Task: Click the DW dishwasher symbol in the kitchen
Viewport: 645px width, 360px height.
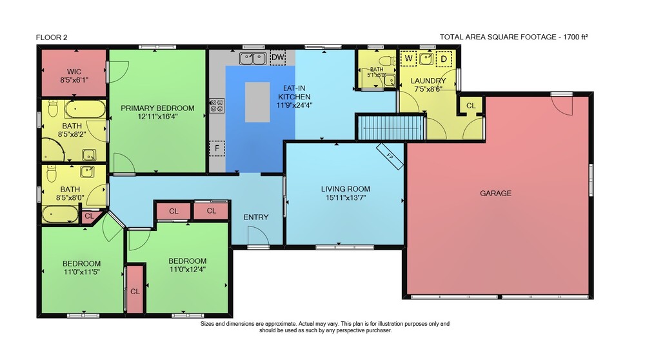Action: (x=278, y=57)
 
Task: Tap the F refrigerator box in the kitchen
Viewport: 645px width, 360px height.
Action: (x=217, y=148)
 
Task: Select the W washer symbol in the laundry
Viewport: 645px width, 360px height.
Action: (x=408, y=59)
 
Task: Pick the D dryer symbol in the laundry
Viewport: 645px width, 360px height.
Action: (x=444, y=59)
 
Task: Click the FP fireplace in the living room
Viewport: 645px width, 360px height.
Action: (x=390, y=156)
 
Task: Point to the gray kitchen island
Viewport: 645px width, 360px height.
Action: (x=257, y=102)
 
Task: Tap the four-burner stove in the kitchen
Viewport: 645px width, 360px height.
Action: (x=217, y=106)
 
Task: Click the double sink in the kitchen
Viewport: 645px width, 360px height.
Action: (x=253, y=59)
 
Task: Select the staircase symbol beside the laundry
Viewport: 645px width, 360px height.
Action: (x=390, y=128)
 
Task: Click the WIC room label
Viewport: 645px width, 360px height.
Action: (x=74, y=72)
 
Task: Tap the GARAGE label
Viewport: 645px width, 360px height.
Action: (x=495, y=193)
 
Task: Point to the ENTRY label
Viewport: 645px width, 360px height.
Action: (x=256, y=217)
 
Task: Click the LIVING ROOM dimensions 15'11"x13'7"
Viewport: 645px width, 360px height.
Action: (x=346, y=197)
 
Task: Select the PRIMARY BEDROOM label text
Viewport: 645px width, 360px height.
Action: (x=157, y=108)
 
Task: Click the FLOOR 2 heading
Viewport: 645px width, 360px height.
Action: (x=52, y=37)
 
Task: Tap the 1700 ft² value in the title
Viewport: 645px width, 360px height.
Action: (x=575, y=37)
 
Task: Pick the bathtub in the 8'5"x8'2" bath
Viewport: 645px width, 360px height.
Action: (x=85, y=110)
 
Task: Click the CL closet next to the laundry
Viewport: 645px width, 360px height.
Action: (x=471, y=106)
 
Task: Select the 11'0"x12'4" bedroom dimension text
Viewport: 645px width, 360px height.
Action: (x=188, y=270)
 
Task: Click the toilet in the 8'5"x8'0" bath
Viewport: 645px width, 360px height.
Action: (x=52, y=173)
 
